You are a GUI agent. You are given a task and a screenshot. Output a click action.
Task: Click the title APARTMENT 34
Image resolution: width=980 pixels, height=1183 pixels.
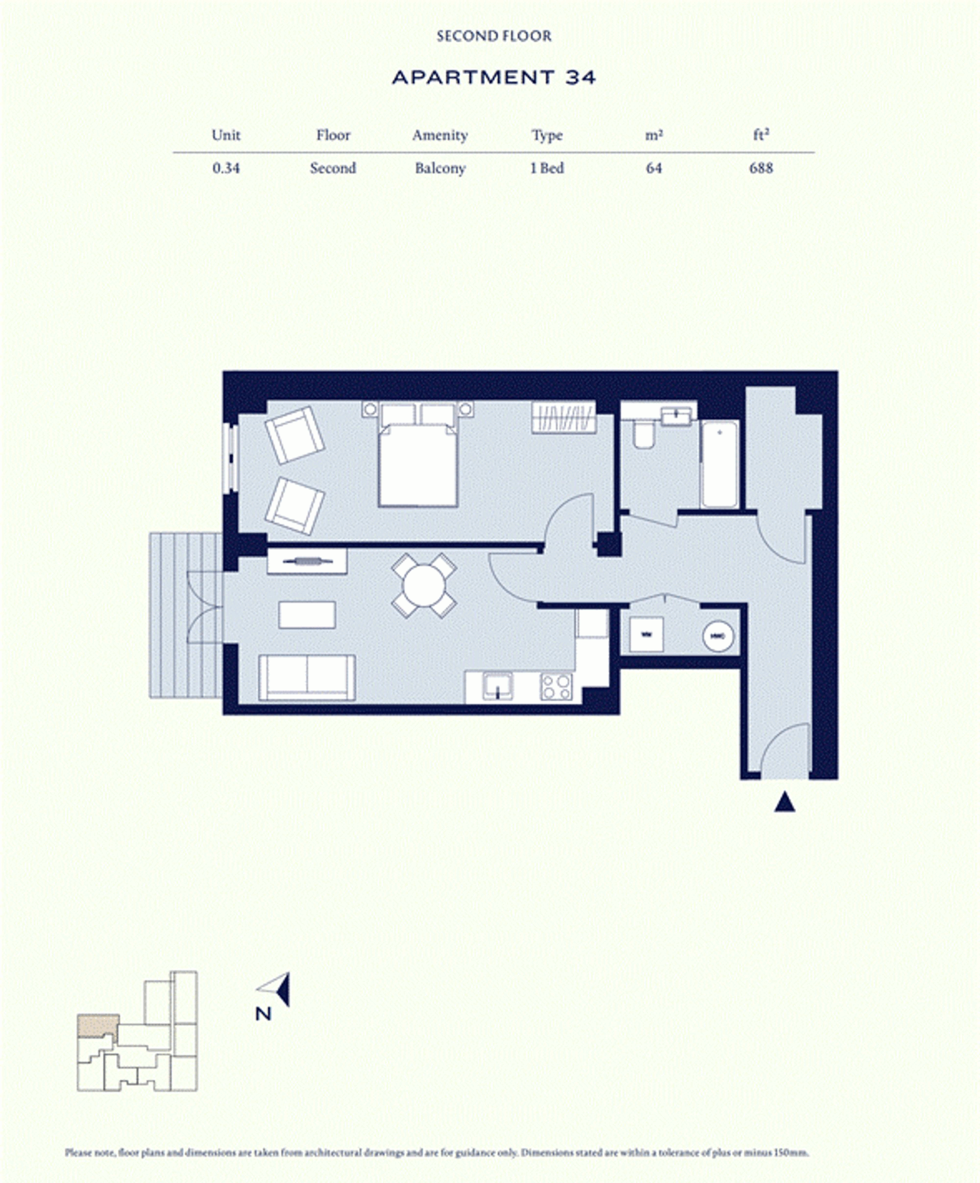(x=493, y=77)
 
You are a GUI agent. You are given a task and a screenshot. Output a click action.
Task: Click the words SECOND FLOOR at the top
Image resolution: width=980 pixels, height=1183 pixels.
(x=494, y=36)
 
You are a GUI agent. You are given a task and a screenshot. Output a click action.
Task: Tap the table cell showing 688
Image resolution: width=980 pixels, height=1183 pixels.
(x=761, y=168)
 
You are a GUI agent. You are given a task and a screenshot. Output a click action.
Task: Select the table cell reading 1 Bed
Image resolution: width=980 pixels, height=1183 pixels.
(x=546, y=168)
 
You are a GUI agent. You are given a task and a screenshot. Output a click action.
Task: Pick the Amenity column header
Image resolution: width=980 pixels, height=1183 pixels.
(x=439, y=135)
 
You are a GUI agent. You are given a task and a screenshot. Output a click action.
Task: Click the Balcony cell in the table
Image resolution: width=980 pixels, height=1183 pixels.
(x=439, y=168)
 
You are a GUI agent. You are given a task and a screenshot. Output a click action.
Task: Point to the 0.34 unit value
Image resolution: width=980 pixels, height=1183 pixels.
(x=226, y=168)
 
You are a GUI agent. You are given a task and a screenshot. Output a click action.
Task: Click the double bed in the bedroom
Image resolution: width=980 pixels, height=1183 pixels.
(x=418, y=462)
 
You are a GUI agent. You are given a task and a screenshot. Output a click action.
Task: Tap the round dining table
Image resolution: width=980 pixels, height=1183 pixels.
(x=424, y=586)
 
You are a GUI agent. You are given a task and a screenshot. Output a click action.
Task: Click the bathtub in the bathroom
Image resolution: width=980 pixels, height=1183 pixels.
(x=719, y=464)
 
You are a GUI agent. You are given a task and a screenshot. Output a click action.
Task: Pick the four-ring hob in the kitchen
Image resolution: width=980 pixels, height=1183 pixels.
(x=556, y=687)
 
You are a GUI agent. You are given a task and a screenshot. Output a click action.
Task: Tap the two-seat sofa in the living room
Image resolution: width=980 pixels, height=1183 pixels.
(x=307, y=678)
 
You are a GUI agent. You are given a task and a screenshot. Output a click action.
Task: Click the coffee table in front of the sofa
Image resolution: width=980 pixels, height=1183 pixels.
(x=307, y=615)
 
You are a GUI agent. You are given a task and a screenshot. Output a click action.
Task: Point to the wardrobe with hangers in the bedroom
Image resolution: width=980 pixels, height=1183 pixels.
(x=563, y=417)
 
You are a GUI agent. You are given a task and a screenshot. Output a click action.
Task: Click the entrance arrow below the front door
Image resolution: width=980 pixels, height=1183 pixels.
(x=784, y=802)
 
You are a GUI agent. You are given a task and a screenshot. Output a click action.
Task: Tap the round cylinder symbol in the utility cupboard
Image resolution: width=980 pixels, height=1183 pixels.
(x=718, y=636)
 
